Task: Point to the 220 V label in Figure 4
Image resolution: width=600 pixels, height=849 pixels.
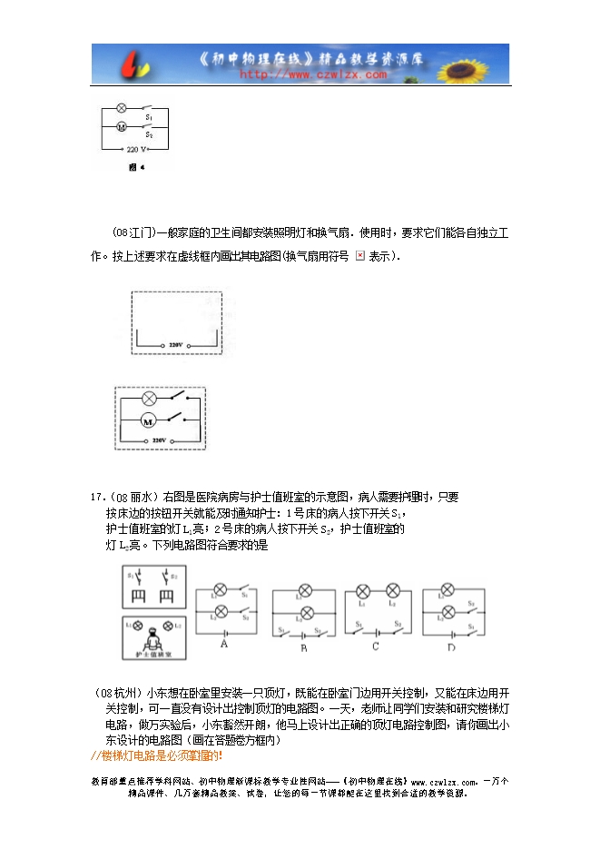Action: [136, 148]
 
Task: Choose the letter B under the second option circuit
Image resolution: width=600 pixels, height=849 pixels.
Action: [305, 647]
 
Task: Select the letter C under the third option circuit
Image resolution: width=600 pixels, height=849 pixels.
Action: [376, 647]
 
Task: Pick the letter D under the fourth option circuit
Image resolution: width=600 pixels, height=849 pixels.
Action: [451, 646]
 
